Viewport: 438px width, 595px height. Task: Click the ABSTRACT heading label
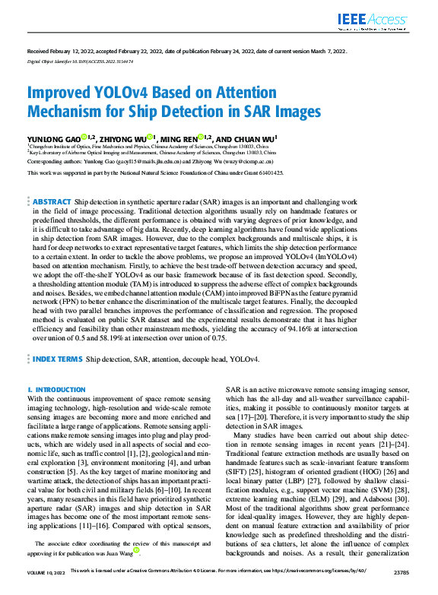[x=52, y=201]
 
